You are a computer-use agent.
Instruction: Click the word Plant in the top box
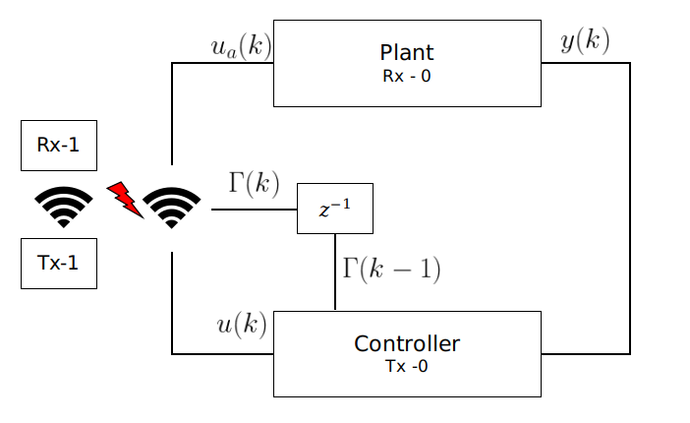[x=406, y=52]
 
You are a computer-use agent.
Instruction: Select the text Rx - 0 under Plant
[x=406, y=76]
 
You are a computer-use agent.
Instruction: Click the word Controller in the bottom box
[x=406, y=344]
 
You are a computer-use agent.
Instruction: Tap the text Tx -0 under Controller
[x=406, y=367]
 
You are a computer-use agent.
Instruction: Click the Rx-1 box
[x=59, y=146]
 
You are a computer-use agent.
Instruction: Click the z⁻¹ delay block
[x=335, y=209]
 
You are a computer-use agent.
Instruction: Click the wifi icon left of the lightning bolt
[x=64, y=208]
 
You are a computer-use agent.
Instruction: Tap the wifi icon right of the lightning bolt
[x=172, y=208]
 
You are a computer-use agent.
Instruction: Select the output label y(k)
[x=585, y=41]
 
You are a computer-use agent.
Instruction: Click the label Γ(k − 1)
[x=390, y=269]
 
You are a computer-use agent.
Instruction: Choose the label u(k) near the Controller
[x=241, y=325]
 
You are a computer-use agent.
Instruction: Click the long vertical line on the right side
[x=629, y=207]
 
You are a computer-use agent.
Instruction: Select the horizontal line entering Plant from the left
[x=222, y=64]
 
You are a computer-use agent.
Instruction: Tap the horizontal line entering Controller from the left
[x=222, y=353]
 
